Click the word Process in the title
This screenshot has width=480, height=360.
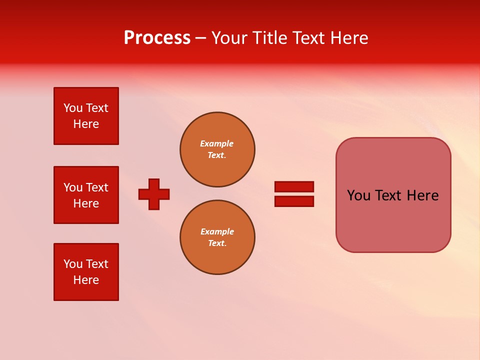coord(157,38)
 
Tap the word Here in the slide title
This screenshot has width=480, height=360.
coord(348,38)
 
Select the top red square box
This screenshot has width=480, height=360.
coord(86,116)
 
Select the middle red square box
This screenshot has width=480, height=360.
coord(86,195)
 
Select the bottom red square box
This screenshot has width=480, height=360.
coord(86,271)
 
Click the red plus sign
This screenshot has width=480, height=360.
coord(154,194)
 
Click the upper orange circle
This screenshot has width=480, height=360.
coord(217,149)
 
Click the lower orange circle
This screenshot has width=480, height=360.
coord(217,237)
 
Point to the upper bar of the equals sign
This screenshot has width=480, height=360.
coord(294,186)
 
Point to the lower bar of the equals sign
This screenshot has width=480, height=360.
coord(294,201)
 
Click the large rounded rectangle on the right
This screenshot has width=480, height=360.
coord(393,220)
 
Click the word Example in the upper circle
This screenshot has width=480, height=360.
coord(216,143)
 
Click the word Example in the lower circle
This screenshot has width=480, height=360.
coord(217,231)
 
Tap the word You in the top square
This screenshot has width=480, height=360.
coord(73,108)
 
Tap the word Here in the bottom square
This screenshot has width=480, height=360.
coord(86,280)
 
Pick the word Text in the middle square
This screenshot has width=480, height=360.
coord(97,187)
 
